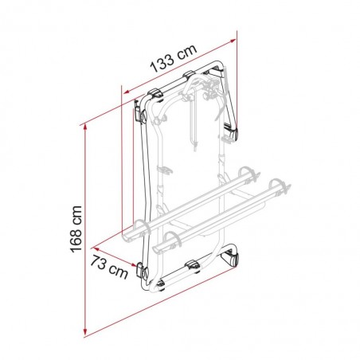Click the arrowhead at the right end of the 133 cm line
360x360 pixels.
pyautogui.click(x=235, y=35)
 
